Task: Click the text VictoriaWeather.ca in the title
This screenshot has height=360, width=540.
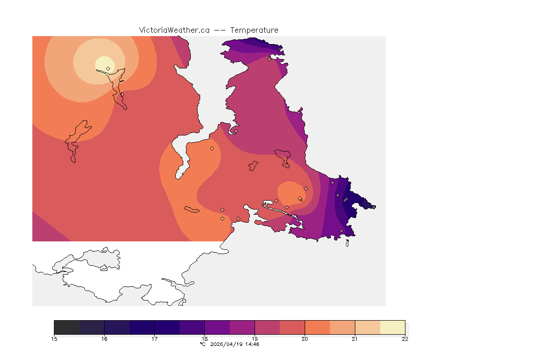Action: coord(174,30)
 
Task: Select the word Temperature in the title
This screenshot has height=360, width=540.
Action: coord(254,30)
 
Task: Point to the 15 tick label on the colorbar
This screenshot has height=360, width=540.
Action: coord(54,339)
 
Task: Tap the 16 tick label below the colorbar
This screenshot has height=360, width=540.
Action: coord(104,339)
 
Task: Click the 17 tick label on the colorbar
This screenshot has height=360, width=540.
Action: coord(154,339)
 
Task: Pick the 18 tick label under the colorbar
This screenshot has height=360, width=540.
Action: coord(204,339)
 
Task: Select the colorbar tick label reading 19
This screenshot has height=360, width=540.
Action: coord(255,339)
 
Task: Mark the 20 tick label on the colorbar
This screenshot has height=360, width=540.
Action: coord(305,339)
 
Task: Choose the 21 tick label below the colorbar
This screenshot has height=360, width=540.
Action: coord(355,339)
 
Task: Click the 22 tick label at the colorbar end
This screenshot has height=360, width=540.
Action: coord(405,339)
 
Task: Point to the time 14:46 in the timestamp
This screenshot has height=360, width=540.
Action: coord(252,344)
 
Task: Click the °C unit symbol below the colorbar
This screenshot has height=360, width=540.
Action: coord(202,344)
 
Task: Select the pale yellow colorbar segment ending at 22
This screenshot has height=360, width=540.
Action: coord(392,327)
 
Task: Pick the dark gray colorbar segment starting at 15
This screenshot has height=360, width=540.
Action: coord(67,327)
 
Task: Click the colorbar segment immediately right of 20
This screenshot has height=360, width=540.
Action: coord(317,327)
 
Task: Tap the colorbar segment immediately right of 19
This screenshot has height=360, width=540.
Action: coord(267,327)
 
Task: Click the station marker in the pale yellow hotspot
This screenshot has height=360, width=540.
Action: coord(108,68)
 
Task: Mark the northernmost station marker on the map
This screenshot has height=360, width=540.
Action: coord(269,59)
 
